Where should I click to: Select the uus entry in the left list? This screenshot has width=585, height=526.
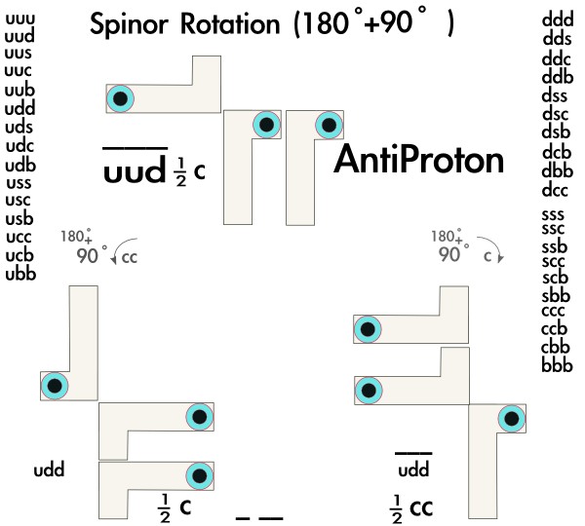click(x=19, y=54)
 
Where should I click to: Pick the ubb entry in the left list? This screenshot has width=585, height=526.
click(x=20, y=274)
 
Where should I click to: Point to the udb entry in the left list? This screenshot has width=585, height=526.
click(x=20, y=164)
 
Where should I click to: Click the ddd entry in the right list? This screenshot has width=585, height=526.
click(x=557, y=19)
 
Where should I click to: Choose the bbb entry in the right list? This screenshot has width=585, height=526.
click(x=557, y=366)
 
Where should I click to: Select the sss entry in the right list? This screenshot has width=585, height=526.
click(x=557, y=213)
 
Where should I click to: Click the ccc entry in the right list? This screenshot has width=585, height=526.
click(x=557, y=313)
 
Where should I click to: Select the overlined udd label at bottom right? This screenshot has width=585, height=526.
click(x=413, y=471)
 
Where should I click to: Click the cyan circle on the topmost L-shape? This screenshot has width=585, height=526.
click(x=120, y=97)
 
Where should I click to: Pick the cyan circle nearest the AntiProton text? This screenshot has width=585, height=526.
click(x=329, y=124)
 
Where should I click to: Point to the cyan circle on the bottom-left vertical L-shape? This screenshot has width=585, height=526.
click(x=55, y=386)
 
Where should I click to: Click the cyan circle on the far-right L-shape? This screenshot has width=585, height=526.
click(x=511, y=420)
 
